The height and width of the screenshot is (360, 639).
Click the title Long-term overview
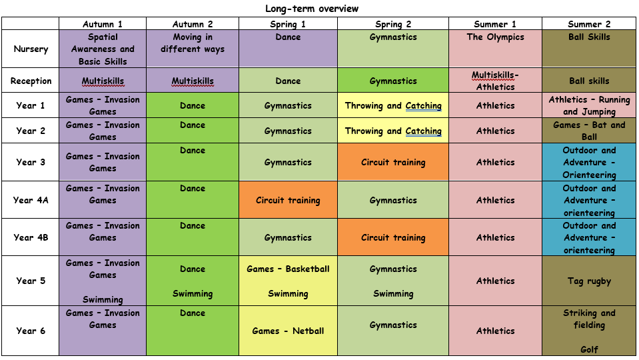[x=312, y=9]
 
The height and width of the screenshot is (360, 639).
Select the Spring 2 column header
[x=393, y=24]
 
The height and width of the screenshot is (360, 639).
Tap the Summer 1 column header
[x=495, y=24]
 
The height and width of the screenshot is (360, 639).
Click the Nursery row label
[x=31, y=49]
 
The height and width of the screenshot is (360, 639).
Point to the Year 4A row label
[x=30, y=200]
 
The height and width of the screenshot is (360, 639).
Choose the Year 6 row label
[x=31, y=331]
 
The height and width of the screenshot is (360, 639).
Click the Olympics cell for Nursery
[x=495, y=37]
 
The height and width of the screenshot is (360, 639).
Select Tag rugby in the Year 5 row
[x=589, y=281]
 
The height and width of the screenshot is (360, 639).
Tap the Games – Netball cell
[x=288, y=331]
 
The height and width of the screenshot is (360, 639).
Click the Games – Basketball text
[x=288, y=269]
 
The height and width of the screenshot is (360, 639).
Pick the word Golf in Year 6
[x=589, y=349]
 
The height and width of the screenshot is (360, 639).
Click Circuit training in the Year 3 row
[x=393, y=162]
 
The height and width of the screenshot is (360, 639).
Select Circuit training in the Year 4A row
[x=288, y=200]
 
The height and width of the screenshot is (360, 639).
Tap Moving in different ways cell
[x=193, y=43]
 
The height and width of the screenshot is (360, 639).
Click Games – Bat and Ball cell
[x=589, y=131]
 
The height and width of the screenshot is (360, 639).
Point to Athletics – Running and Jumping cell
[x=589, y=105]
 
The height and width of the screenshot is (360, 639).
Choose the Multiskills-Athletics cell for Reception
[x=495, y=81]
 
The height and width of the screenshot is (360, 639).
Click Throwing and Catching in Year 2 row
[x=393, y=131]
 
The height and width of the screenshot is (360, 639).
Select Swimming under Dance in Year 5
[x=193, y=294]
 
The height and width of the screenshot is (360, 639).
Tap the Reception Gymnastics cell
[x=393, y=81]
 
